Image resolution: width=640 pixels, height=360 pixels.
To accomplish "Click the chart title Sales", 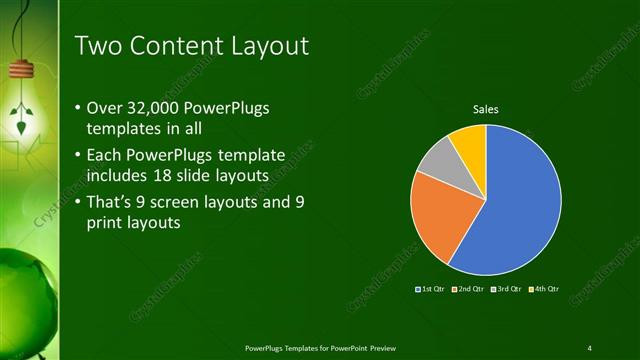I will click(486, 109).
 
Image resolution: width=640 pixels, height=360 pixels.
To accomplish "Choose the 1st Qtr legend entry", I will click(432, 289).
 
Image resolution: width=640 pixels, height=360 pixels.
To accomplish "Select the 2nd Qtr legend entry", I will click(469, 289).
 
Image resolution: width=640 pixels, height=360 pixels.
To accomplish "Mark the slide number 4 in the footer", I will click(589, 347).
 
